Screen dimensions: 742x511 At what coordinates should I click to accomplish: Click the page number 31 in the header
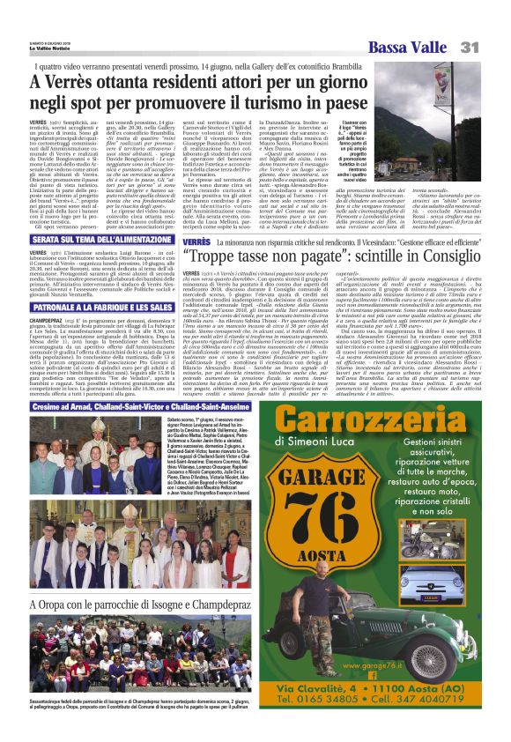(470, 46)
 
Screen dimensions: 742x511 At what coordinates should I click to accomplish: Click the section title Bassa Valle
(405, 47)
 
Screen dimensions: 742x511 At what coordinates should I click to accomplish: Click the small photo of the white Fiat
(455, 577)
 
